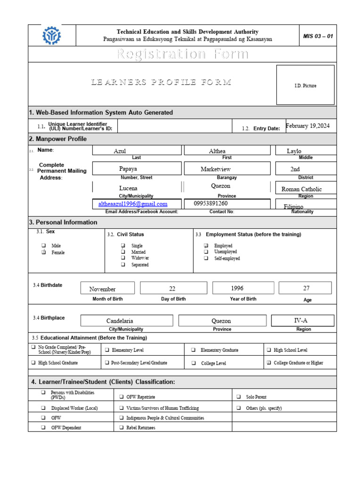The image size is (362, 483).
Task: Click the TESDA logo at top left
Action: [51, 35]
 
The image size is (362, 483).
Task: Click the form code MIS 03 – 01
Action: [318, 36]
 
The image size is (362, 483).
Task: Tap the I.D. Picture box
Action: [305, 85]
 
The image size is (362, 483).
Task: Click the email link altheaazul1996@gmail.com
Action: [133, 204]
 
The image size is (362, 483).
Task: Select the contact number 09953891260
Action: [211, 203]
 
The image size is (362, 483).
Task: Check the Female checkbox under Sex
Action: [43, 252]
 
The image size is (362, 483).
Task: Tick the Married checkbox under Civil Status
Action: [123, 252]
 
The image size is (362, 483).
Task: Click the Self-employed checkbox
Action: [206, 258]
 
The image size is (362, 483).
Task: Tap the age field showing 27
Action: [305, 288]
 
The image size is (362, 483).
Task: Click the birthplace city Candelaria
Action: [121, 321]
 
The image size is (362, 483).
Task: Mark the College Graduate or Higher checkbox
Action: [269, 363]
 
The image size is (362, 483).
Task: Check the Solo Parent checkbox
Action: [239, 397]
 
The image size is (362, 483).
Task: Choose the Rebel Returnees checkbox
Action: [122, 428]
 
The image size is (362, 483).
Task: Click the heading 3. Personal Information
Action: [63, 222]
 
